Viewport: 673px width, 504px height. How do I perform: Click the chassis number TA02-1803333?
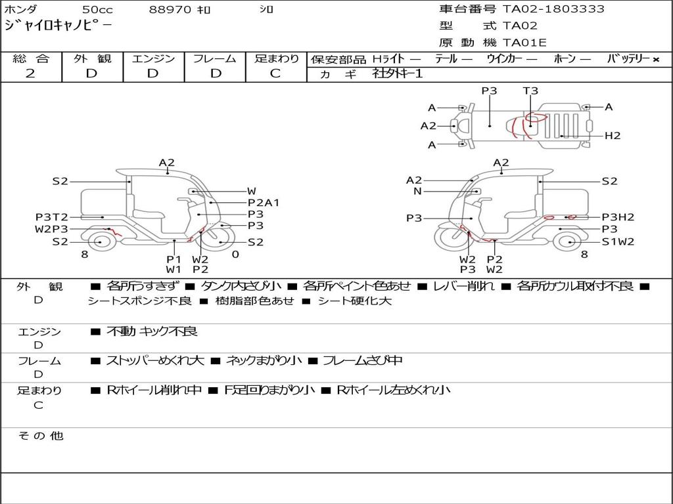click(x=553, y=9)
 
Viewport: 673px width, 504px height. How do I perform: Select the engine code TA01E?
click(x=524, y=43)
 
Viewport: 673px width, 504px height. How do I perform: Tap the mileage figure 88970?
click(x=170, y=9)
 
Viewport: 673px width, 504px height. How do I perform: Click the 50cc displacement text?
click(x=97, y=9)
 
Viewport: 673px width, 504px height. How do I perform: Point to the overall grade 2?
click(x=30, y=73)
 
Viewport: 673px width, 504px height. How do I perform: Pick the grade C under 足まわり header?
click(x=275, y=73)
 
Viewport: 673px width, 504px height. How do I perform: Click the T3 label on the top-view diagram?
click(x=530, y=91)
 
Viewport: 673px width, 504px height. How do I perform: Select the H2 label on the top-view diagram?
click(x=613, y=136)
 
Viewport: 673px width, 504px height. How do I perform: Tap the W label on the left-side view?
click(x=252, y=191)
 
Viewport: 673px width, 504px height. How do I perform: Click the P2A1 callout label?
click(x=264, y=203)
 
